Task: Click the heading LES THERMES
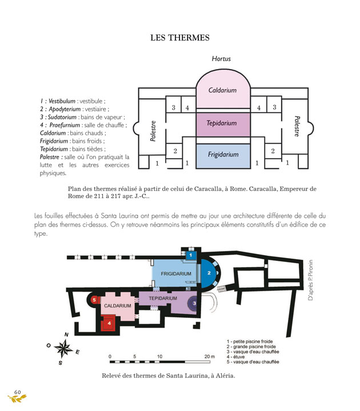click(180, 38)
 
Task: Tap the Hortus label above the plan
click(221, 59)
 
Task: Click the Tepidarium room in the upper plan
click(222, 123)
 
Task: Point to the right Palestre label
click(297, 127)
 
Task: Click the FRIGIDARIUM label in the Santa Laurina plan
click(176, 274)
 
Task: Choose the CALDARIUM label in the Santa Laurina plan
click(118, 306)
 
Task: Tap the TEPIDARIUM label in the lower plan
click(165, 299)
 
